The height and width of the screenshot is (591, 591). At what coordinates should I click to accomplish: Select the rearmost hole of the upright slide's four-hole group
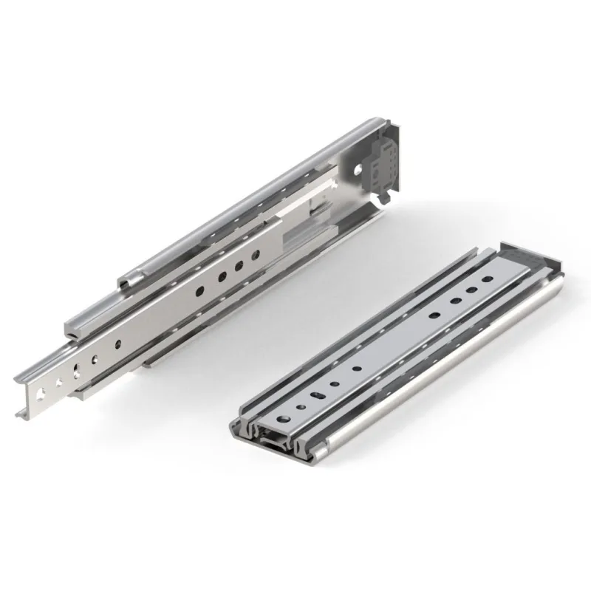256,255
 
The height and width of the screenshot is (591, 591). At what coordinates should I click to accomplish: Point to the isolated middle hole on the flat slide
358,367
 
